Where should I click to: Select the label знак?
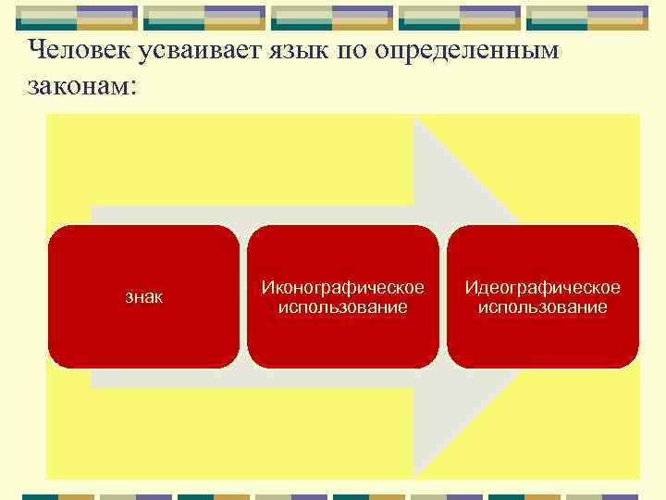143,297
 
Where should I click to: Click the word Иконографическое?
343,287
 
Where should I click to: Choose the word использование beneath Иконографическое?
343,306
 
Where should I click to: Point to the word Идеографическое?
542,287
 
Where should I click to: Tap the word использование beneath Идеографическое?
542,306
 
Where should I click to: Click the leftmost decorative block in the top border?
77,18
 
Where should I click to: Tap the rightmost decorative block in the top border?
587,18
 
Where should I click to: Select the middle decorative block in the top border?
332,18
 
